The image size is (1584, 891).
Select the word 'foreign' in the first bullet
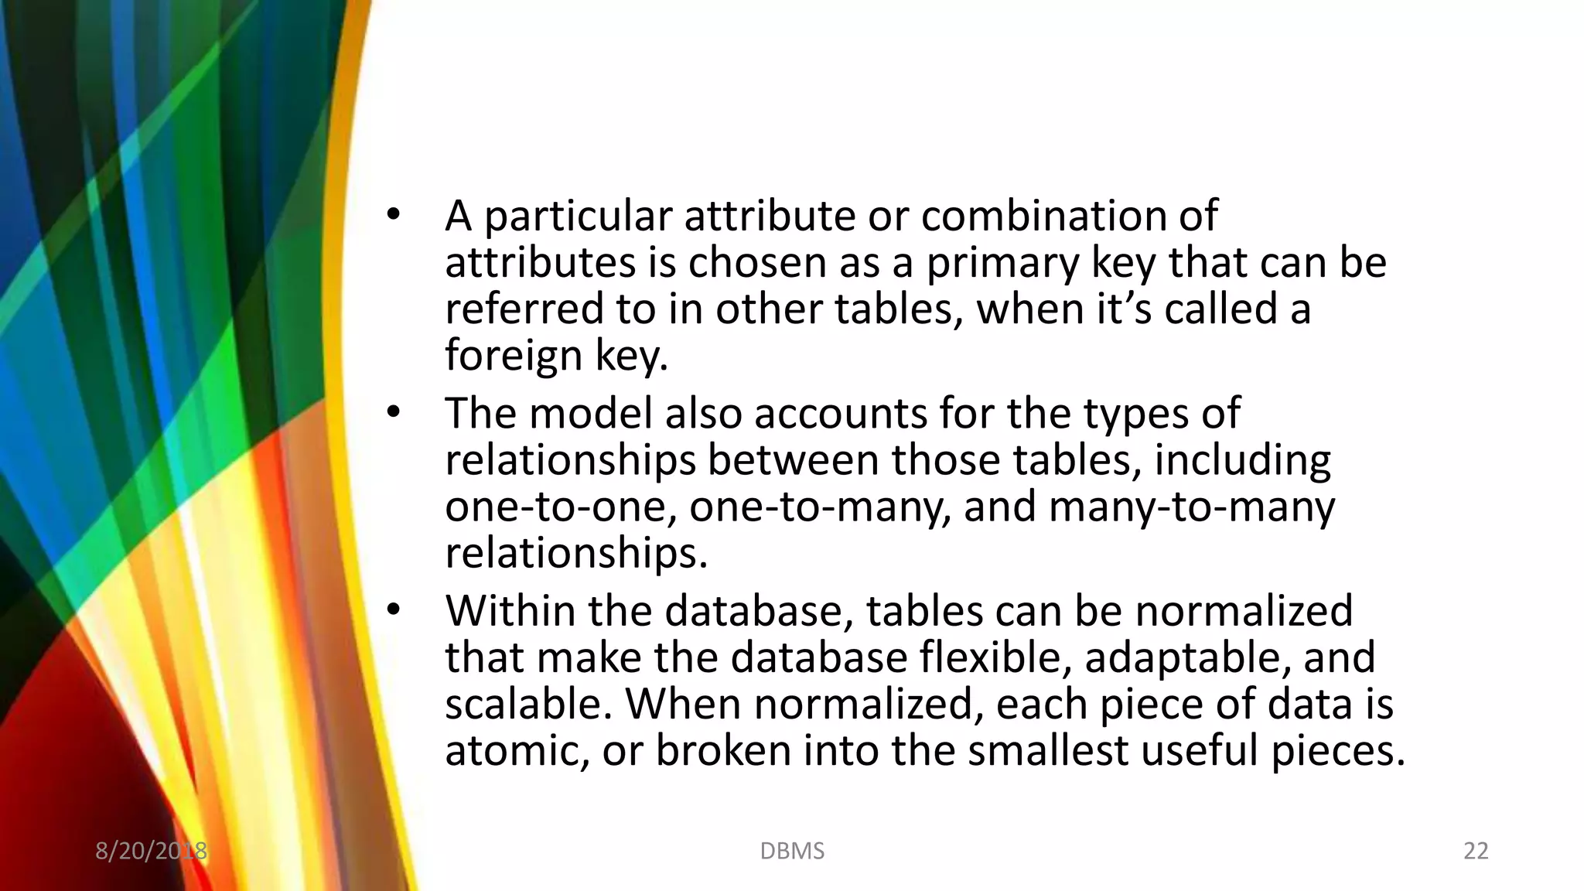[513, 357]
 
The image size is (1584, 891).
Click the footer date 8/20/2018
[151, 851]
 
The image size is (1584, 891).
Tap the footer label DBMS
[792, 851]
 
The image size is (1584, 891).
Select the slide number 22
[1476, 851]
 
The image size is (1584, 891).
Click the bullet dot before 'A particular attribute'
[394, 216]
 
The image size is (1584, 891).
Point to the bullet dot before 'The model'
[394, 413]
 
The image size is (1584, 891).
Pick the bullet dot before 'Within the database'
[394, 611]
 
